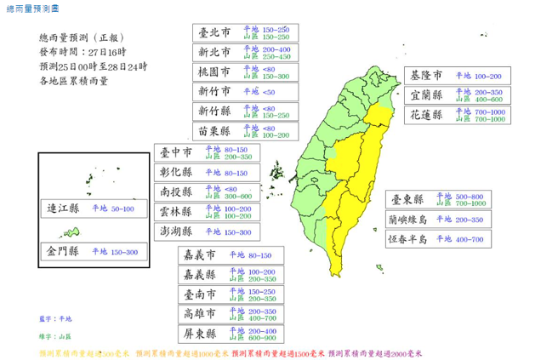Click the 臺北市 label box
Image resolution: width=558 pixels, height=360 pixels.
tap(214, 33)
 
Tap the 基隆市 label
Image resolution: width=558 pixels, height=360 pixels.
tap(427, 76)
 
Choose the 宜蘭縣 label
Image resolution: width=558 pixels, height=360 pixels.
tap(427, 94)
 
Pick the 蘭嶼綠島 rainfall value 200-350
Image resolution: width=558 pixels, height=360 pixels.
tap(464, 219)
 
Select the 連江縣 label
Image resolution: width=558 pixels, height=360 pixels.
tap(63, 209)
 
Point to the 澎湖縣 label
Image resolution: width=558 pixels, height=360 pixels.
tap(178, 231)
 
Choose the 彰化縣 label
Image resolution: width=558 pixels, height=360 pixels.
tap(178, 173)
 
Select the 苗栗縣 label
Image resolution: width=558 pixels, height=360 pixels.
tap(214, 131)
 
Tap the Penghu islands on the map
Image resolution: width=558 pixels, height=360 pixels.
tap(276, 173)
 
